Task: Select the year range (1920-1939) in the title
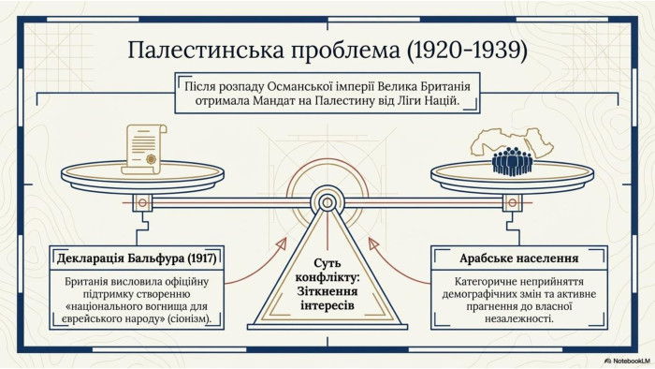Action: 467,50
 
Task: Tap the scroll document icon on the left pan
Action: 144,149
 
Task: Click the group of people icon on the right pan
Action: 512,161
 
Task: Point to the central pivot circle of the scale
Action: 327,203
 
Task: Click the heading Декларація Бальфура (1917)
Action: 137,258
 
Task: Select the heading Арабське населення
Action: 518,258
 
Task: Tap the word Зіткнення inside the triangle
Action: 327,291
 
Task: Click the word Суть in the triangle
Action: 327,263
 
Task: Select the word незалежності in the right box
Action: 519,318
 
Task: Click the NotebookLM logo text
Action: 628,362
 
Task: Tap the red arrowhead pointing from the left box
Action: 282,244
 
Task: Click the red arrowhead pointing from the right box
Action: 374,244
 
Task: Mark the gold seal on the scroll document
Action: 151,159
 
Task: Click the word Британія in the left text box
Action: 86,282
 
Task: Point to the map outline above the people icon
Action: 512,141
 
